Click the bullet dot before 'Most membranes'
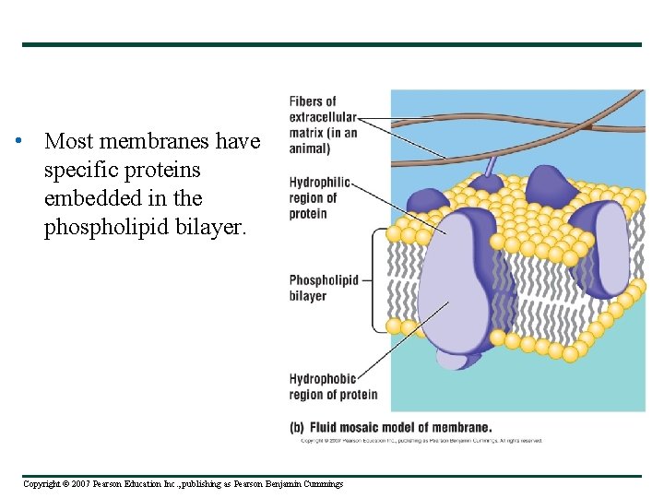pyautogui.click(x=18, y=142)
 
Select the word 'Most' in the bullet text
pyautogui.click(x=66, y=142)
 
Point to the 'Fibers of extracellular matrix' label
pyautogui.click(x=323, y=125)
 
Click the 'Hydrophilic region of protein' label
pyautogui.click(x=319, y=197)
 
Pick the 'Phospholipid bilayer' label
pyautogui.click(x=323, y=288)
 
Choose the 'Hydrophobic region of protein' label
pyautogui.click(x=333, y=386)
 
